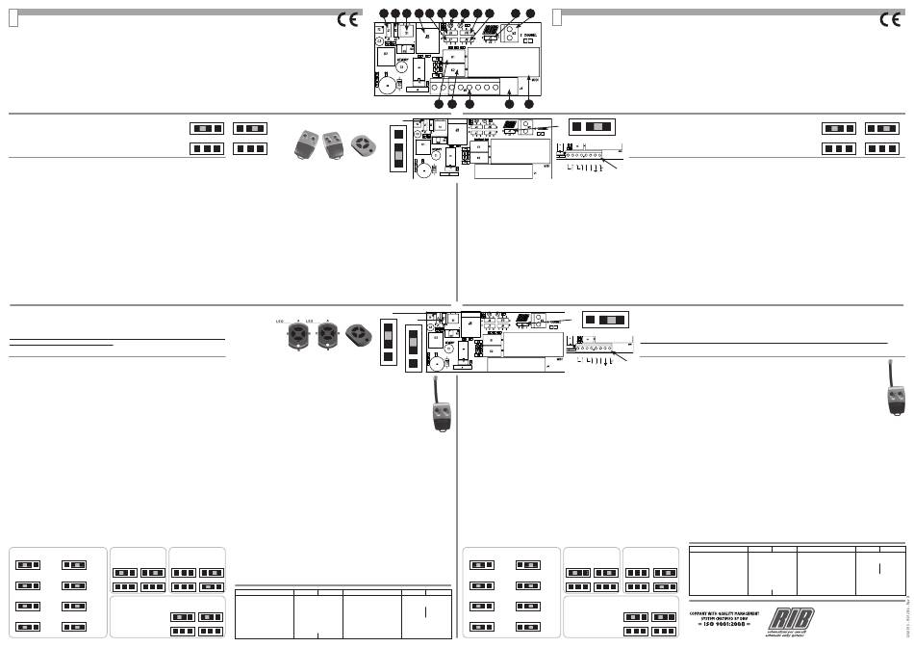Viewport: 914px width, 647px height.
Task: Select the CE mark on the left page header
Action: (x=345, y=20)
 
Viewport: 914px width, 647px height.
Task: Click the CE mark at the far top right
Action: (x=892, y=20)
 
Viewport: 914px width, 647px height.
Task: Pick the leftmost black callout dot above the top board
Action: (x=384, y=13)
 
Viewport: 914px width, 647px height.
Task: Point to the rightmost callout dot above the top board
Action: (x=530, y=13)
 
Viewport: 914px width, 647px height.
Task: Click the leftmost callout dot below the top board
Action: (x=440, y=103)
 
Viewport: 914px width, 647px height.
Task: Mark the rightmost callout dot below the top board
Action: (x=528, y=103)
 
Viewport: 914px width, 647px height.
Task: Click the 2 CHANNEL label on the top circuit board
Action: (x=529, y=35)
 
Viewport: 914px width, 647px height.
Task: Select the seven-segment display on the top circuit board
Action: (x=491, y=31)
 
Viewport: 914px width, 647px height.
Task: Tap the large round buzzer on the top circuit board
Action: (x=388, y=84)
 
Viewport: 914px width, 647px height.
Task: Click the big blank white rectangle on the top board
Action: (x=500, y=62)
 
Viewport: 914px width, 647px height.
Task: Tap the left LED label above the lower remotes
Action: (x=281, y=321)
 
